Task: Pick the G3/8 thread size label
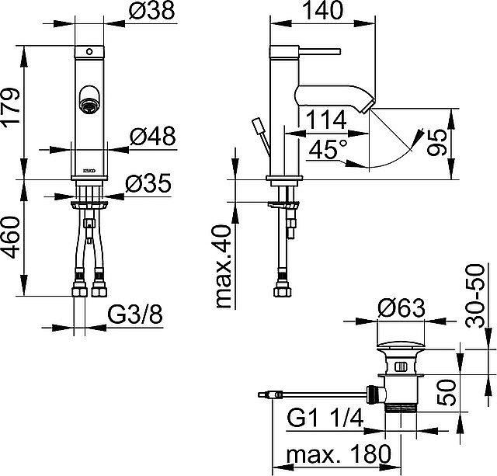(x=134, y=316)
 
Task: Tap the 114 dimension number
(x=327, y=121)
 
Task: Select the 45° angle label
(x=327, y=148)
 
